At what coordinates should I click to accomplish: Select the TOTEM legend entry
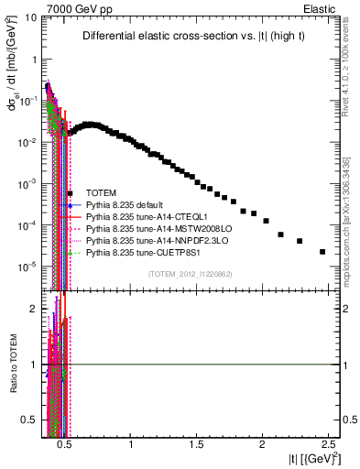point(104,192)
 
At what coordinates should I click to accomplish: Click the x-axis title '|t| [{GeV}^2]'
point(308,458)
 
